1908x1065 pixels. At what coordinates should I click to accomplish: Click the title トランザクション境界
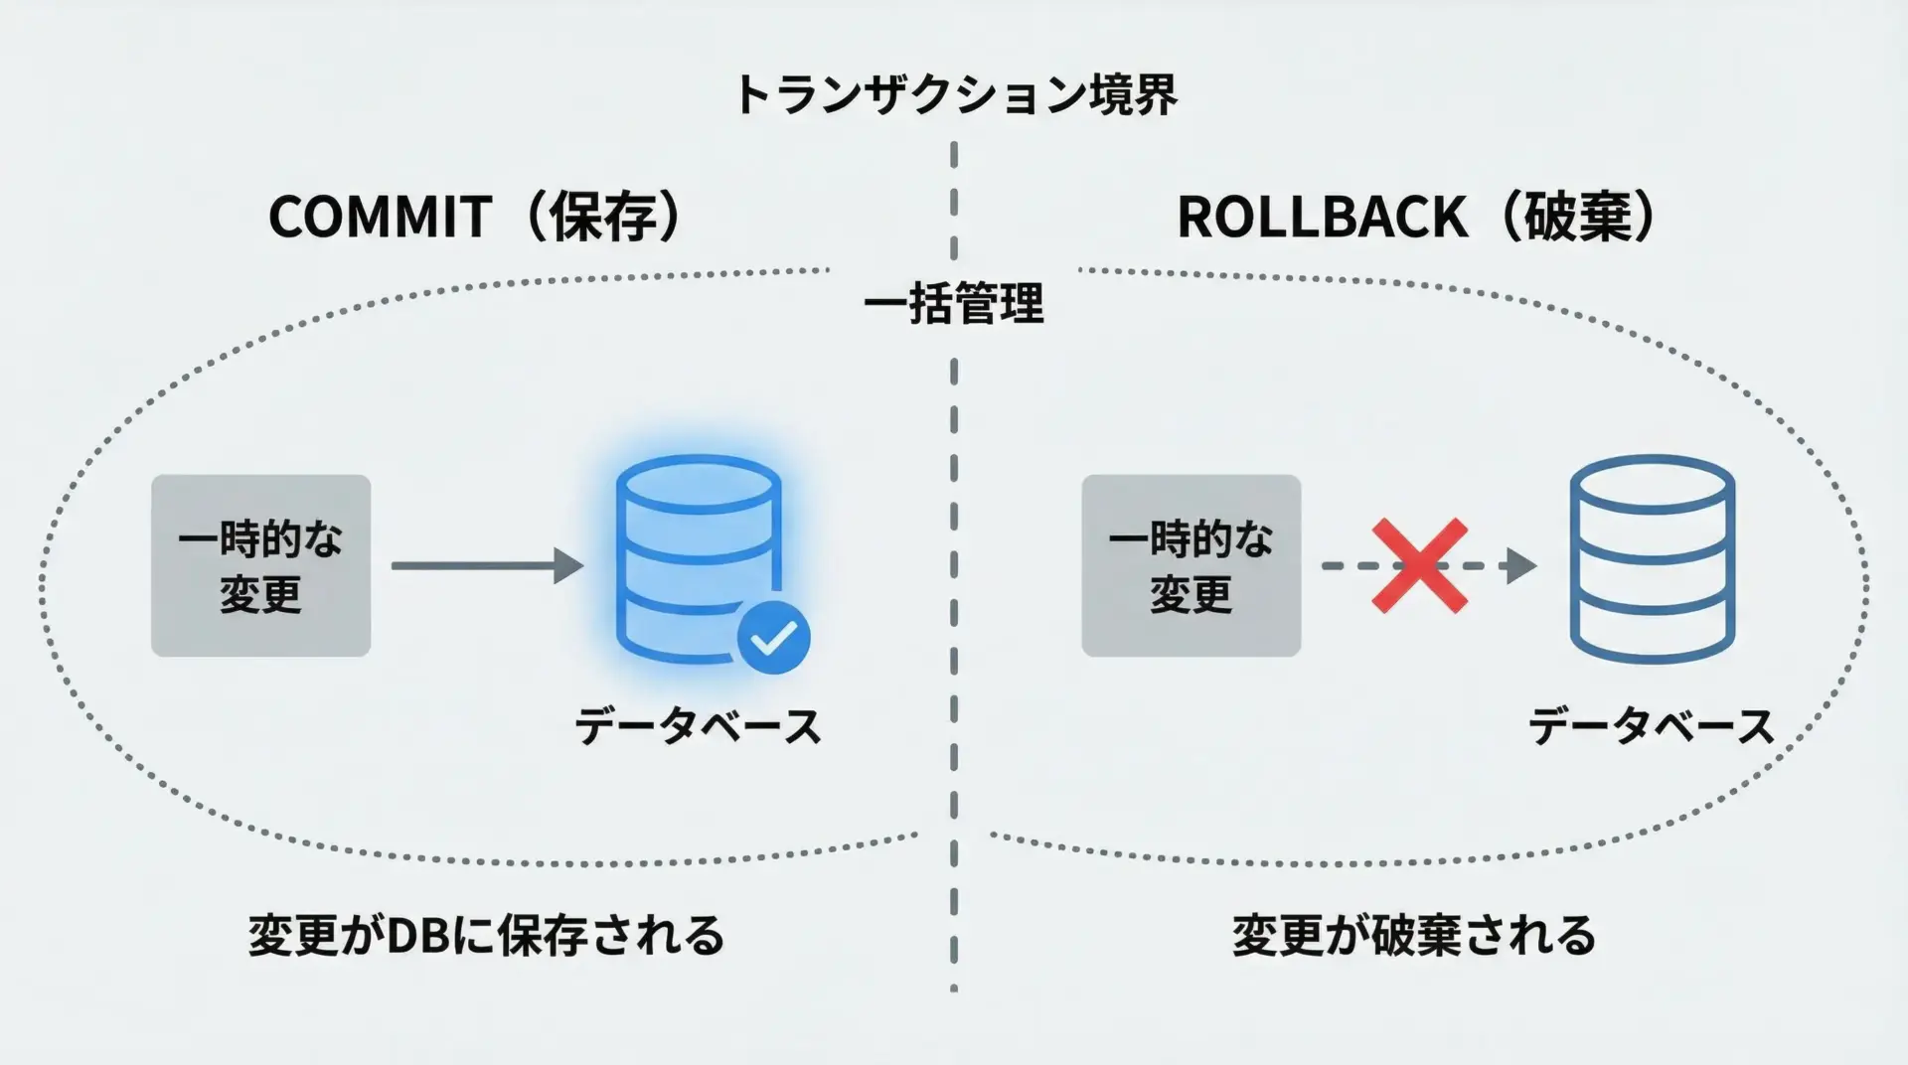coord(955,95)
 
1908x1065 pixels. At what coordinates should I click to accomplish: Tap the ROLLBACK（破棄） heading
coord(1416,217)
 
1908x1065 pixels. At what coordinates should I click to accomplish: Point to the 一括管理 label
coord(954,304)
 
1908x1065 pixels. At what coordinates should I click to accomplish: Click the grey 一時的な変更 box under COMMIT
coord(260,565)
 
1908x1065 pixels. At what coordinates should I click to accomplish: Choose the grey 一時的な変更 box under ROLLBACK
coord(1191,565)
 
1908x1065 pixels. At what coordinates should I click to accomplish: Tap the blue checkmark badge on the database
coord(773,638)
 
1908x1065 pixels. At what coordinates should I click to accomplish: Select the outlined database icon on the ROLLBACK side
coord(1652,558)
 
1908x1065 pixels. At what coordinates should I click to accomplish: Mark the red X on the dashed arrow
coord(1419,565)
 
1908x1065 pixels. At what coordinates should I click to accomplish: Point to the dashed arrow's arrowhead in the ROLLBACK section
coord(1520,565)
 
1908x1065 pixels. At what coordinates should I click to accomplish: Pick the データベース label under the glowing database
coord(698,727)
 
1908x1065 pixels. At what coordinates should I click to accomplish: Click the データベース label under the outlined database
coord(1651,727)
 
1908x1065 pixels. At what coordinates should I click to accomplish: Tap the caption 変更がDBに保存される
coord(486,936)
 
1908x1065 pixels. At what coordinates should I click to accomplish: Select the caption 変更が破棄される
coord(1413,936)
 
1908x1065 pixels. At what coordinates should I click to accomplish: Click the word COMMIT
coord(380,217)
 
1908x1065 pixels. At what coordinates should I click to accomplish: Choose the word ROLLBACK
coord(1322,217)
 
